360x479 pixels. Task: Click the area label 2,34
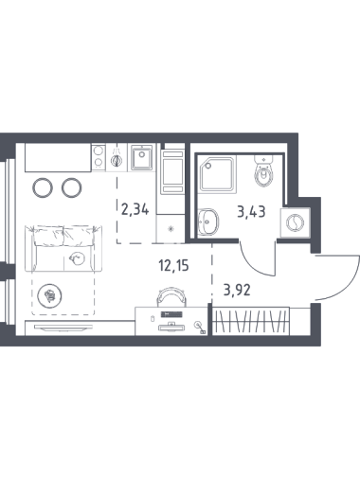(x=135, y=209)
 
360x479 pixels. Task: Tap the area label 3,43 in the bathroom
(x=251, y=212)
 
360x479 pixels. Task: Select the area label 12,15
(x=173, y=266)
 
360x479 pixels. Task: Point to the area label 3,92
(x=237, y=290)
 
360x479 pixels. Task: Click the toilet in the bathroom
(x=262, y=171)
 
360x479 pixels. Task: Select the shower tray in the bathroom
(x=219, y=174)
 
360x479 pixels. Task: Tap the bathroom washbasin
(x=208, y=222)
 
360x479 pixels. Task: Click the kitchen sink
(x=142, y=157)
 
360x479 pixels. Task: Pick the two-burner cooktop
(x=99, y=157)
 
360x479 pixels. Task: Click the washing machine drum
(x=295, y=222)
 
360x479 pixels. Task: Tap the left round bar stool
(x=42, y=187)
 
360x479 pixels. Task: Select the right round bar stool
(x=72, y=187)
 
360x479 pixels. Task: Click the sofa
(x=63, y=248)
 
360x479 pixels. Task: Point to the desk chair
(x=171, y=296)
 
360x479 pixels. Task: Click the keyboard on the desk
(x=171, y=314)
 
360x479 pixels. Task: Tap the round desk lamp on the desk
(x=198, y=324)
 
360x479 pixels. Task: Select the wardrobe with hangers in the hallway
(x=251, y=321)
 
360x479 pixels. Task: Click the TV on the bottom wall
(x=63, y=328)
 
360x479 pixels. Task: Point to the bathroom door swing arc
(x=253, y=262)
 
